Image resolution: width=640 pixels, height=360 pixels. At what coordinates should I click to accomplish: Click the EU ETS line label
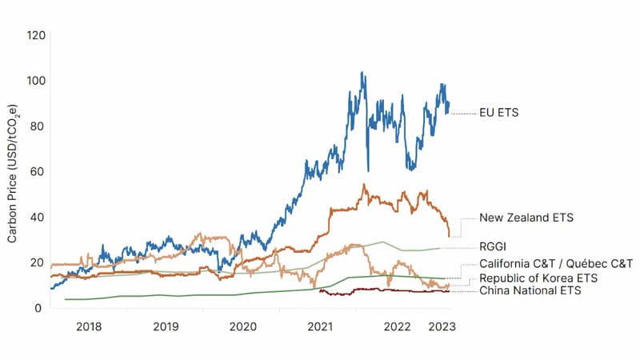tap(498, 113)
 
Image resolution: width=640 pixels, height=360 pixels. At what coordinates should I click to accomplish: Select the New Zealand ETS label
tap(526, 218)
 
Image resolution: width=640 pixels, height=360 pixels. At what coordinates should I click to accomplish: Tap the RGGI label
tap(494, 246)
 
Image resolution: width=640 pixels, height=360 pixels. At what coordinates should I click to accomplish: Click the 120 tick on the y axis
tap(35, 36)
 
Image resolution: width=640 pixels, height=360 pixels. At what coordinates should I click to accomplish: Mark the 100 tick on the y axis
tap(35, 81)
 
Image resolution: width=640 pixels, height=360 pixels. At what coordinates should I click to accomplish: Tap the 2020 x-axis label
tap(242, 327)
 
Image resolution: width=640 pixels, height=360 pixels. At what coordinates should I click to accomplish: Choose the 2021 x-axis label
tap(320, 327)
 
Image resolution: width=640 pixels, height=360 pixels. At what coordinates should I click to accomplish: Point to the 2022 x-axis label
tap(398, 327)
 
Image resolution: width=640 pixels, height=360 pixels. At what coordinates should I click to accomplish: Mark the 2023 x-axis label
tap(442, 327)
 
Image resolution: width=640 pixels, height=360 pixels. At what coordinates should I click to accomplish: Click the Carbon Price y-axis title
tap(14, 172)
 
